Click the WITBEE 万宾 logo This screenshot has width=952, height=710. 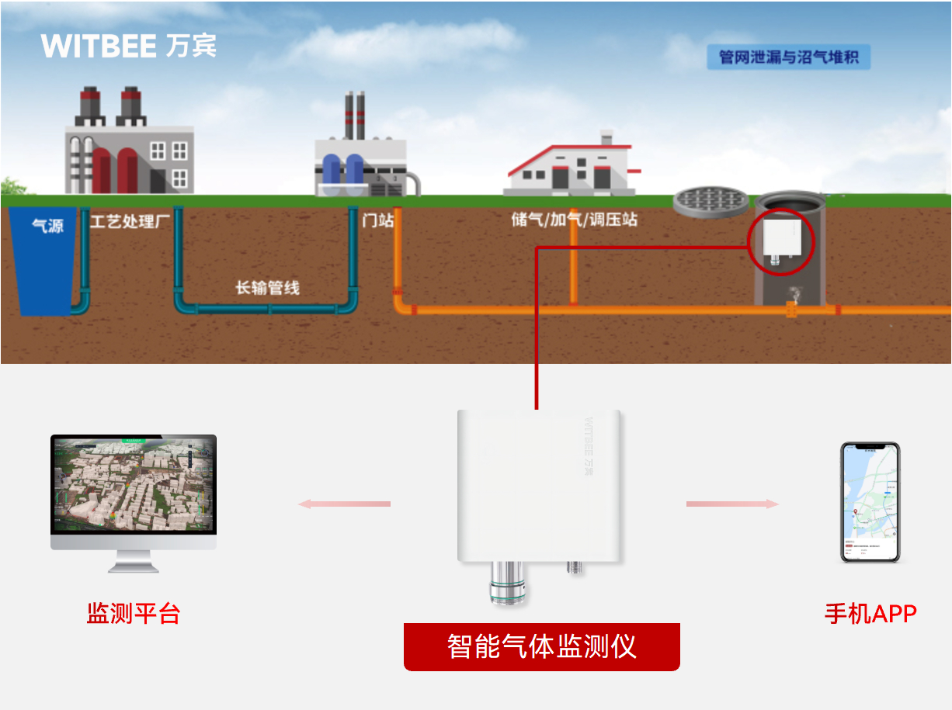coord(129,46)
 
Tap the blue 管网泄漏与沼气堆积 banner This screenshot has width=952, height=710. coord(788,57)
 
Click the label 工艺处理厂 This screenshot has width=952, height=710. coord(130,222)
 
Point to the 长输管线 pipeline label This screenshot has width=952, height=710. coord(267,288)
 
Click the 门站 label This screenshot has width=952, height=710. coord(378,220)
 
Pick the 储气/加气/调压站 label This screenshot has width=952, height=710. coord(574,220)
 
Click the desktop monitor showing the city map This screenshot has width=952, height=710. coord(134,492)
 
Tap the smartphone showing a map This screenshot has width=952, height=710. coord(870,502)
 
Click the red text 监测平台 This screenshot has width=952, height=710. coord(134,614)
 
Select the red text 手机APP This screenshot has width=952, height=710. coord(870,614)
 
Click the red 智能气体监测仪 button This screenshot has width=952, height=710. coord(541,646)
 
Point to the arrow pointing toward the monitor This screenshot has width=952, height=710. coord(345,504)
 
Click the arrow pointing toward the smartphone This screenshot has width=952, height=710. coord(732,504)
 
